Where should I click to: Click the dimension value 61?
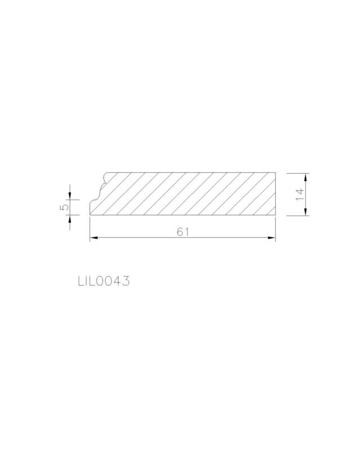point(183,232)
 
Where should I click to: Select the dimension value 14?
point(300,195)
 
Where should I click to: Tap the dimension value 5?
point(65,207)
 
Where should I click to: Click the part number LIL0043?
point(103,281)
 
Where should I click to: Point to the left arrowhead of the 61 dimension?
point(94,237)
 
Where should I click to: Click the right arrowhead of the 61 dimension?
point(272,237)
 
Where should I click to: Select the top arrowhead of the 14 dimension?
point(306,177)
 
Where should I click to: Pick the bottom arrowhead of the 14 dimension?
point(306,211)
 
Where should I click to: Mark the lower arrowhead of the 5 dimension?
point(70,219)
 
